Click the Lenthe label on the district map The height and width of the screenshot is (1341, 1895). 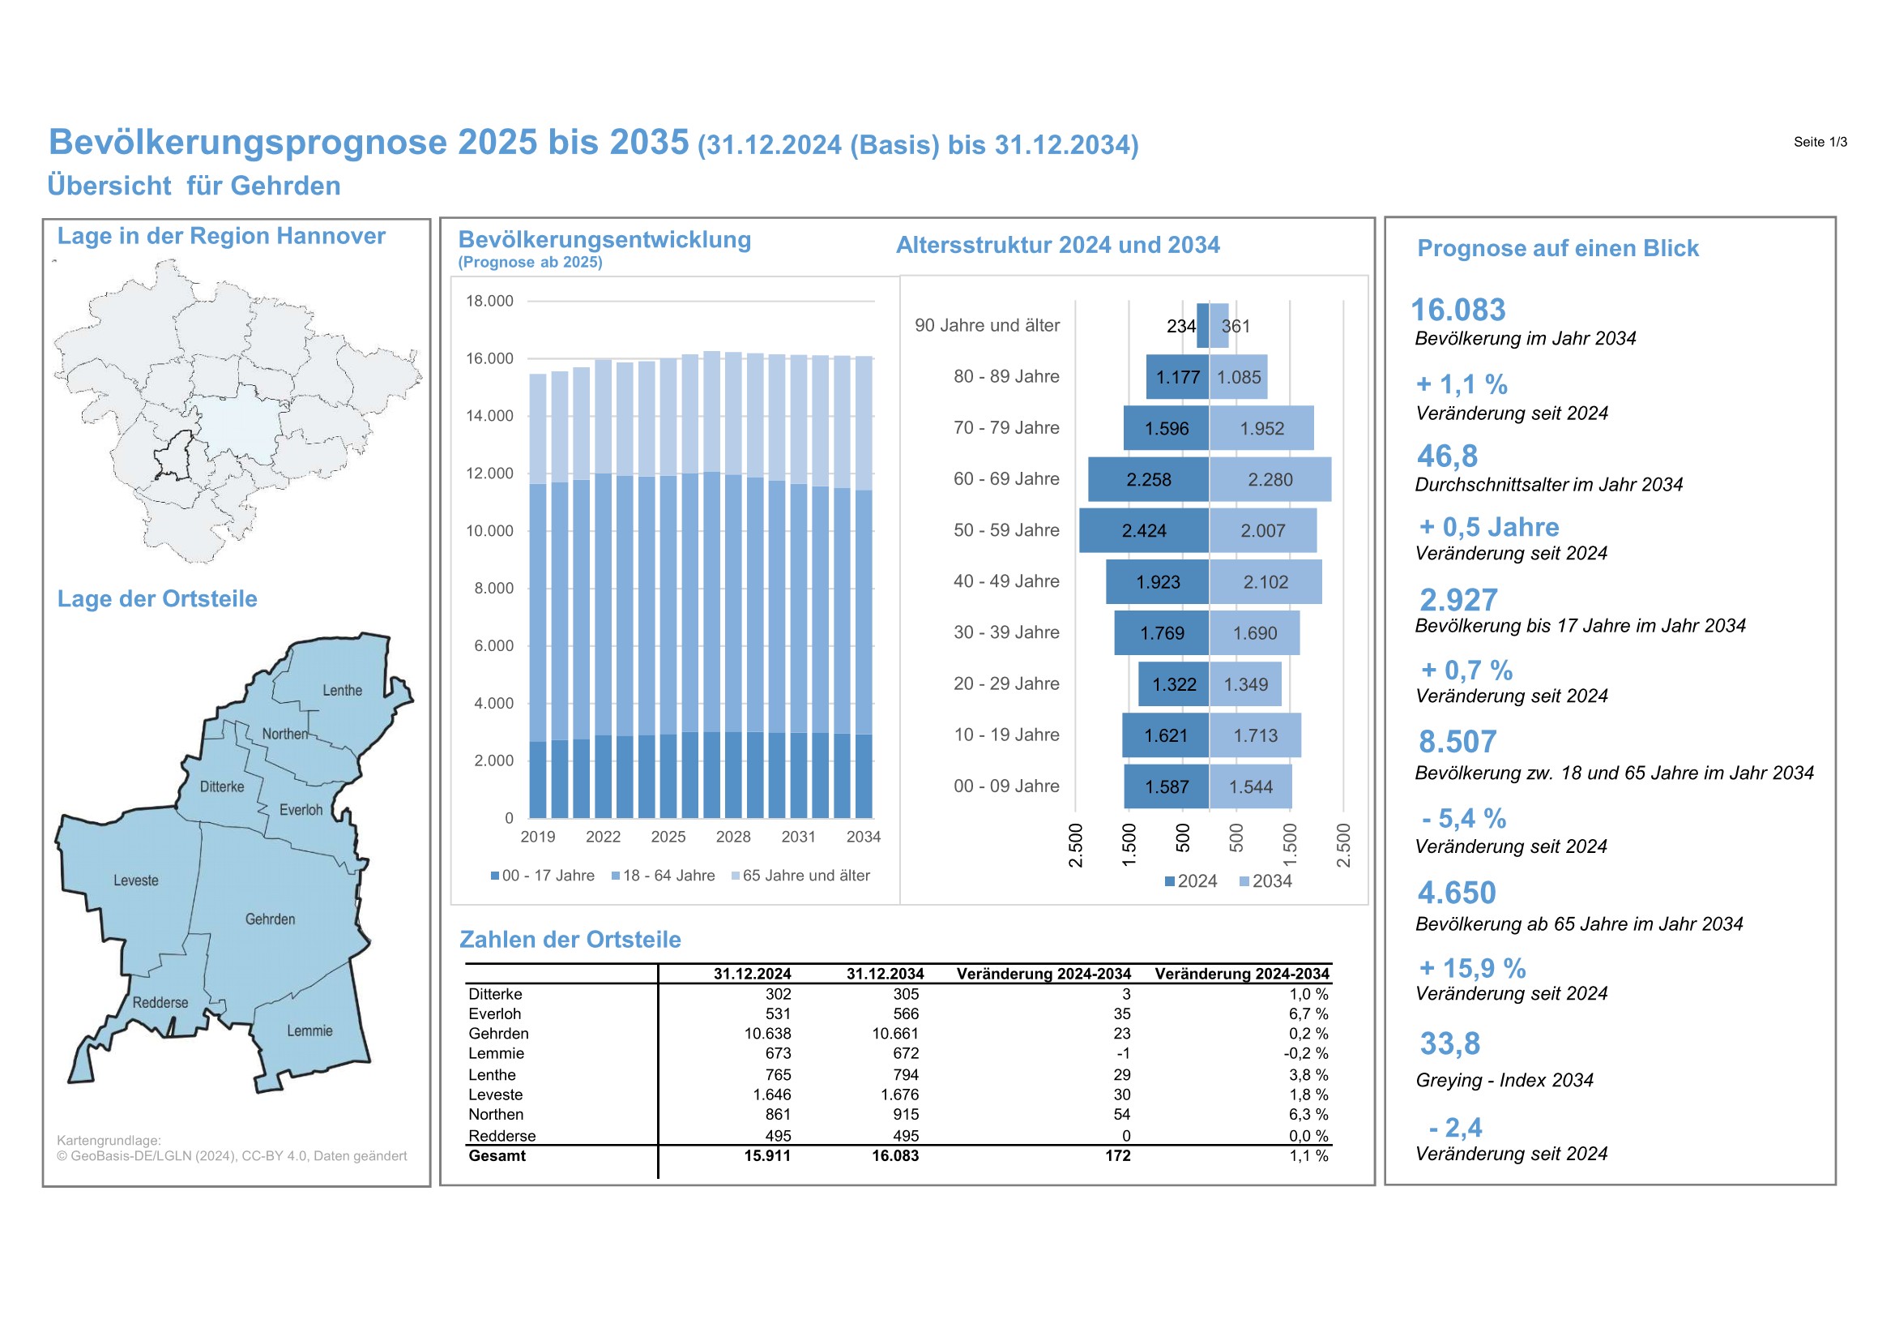tap(342, 690)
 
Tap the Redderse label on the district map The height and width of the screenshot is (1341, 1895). tap(160, 1002)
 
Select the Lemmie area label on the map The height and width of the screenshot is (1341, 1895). tap(309, 1030)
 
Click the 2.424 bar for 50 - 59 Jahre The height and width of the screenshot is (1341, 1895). tap(1143, 531)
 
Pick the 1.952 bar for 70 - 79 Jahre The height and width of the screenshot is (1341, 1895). tap(1261, 429)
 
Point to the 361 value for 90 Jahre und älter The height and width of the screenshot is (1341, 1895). tap(1236, 326)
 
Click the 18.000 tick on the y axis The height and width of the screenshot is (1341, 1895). tap(489, 302)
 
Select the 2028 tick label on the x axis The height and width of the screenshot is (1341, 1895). tap(733, 837)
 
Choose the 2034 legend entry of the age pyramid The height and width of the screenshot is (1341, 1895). tap(1265, 881)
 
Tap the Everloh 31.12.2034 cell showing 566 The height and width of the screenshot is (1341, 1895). tap(906, 1014)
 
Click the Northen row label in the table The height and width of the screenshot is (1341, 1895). tap(495, 1115)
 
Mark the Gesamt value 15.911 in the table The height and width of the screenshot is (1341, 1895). tap(766, 1156)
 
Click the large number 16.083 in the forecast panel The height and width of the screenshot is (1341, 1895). tap(1458, 310)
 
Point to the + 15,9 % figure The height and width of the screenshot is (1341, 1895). tap(1471, 968)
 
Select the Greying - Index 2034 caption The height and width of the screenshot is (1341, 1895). tap(1504, 1080)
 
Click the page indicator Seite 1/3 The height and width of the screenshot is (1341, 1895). tap(1820, 142)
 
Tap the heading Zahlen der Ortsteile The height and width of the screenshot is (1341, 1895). tap(570, 940)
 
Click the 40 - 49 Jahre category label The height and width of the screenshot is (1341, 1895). tap(1006, 581)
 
